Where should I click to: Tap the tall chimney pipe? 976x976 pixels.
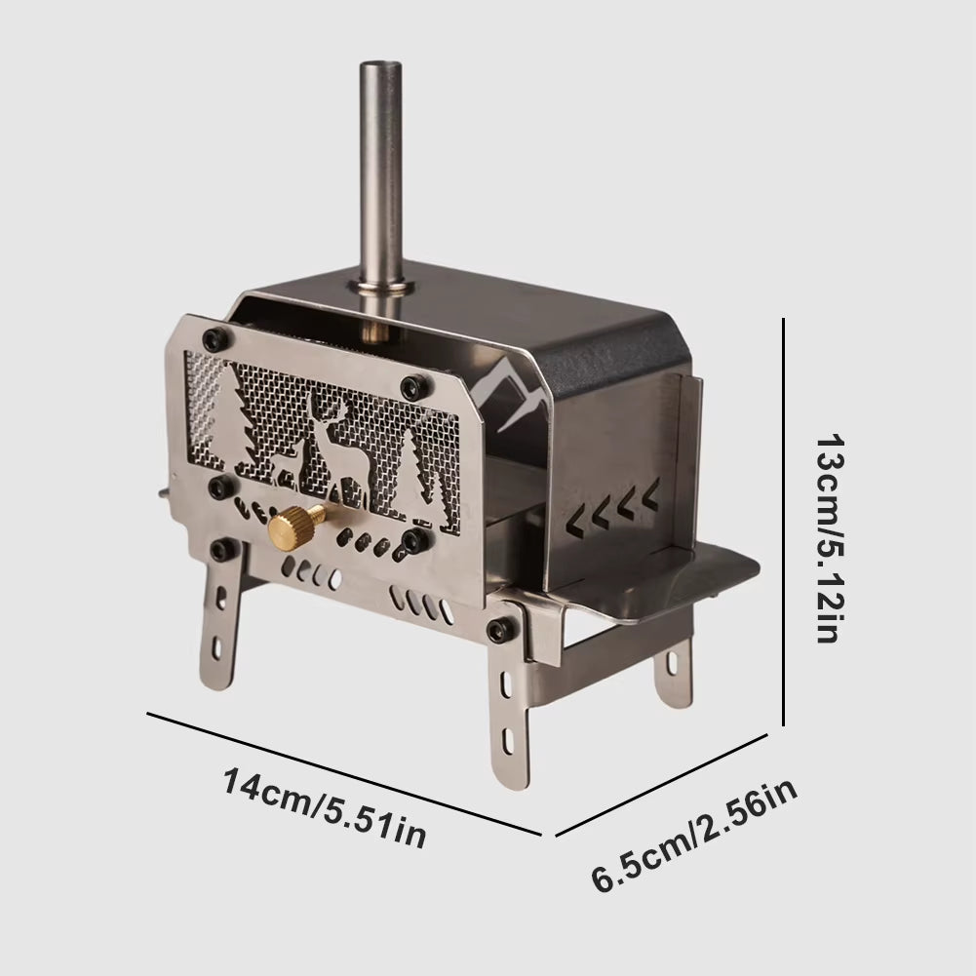pyautogui.click(x=380, y=166)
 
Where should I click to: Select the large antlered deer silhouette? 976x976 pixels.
pyautogui.click(x=334, y=443)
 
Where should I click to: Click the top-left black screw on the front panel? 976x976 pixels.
pyautogui.click(x=212, y=338)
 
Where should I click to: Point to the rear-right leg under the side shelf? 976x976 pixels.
pyautogui.click(x=672, y=673)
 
